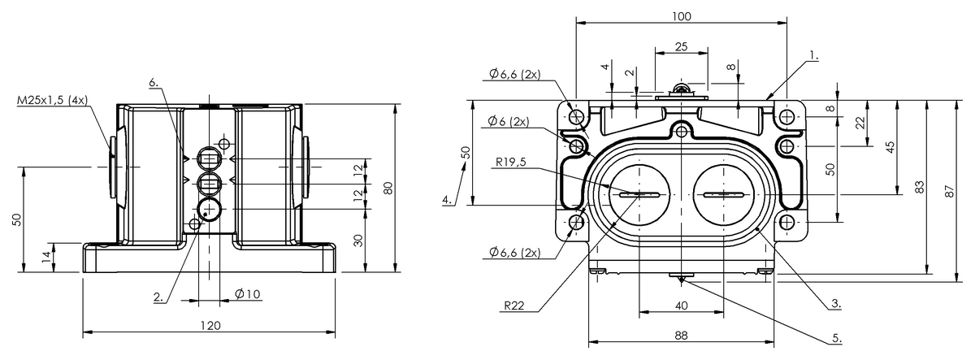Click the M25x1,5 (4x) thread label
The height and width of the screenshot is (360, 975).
click(53, 100)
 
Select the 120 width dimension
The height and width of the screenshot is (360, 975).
click(210, 325)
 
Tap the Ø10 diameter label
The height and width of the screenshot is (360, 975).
click(247, 293)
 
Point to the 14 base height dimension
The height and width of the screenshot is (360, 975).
click(46, 255)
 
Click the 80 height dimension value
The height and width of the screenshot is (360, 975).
click(388, 188)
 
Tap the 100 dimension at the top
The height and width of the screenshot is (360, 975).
click(681, 16)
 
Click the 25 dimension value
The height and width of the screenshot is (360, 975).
click(681, 46)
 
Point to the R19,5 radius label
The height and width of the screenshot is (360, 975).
click(509, 161)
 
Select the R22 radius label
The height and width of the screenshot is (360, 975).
click(513, 306)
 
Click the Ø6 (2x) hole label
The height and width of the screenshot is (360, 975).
click(509, 121)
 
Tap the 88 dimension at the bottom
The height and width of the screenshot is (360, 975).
click(681, 335)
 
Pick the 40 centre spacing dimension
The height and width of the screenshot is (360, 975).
click(681, 306)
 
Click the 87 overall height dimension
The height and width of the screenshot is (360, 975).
click(948, 189)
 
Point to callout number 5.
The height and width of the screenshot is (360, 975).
click(836, 335)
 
